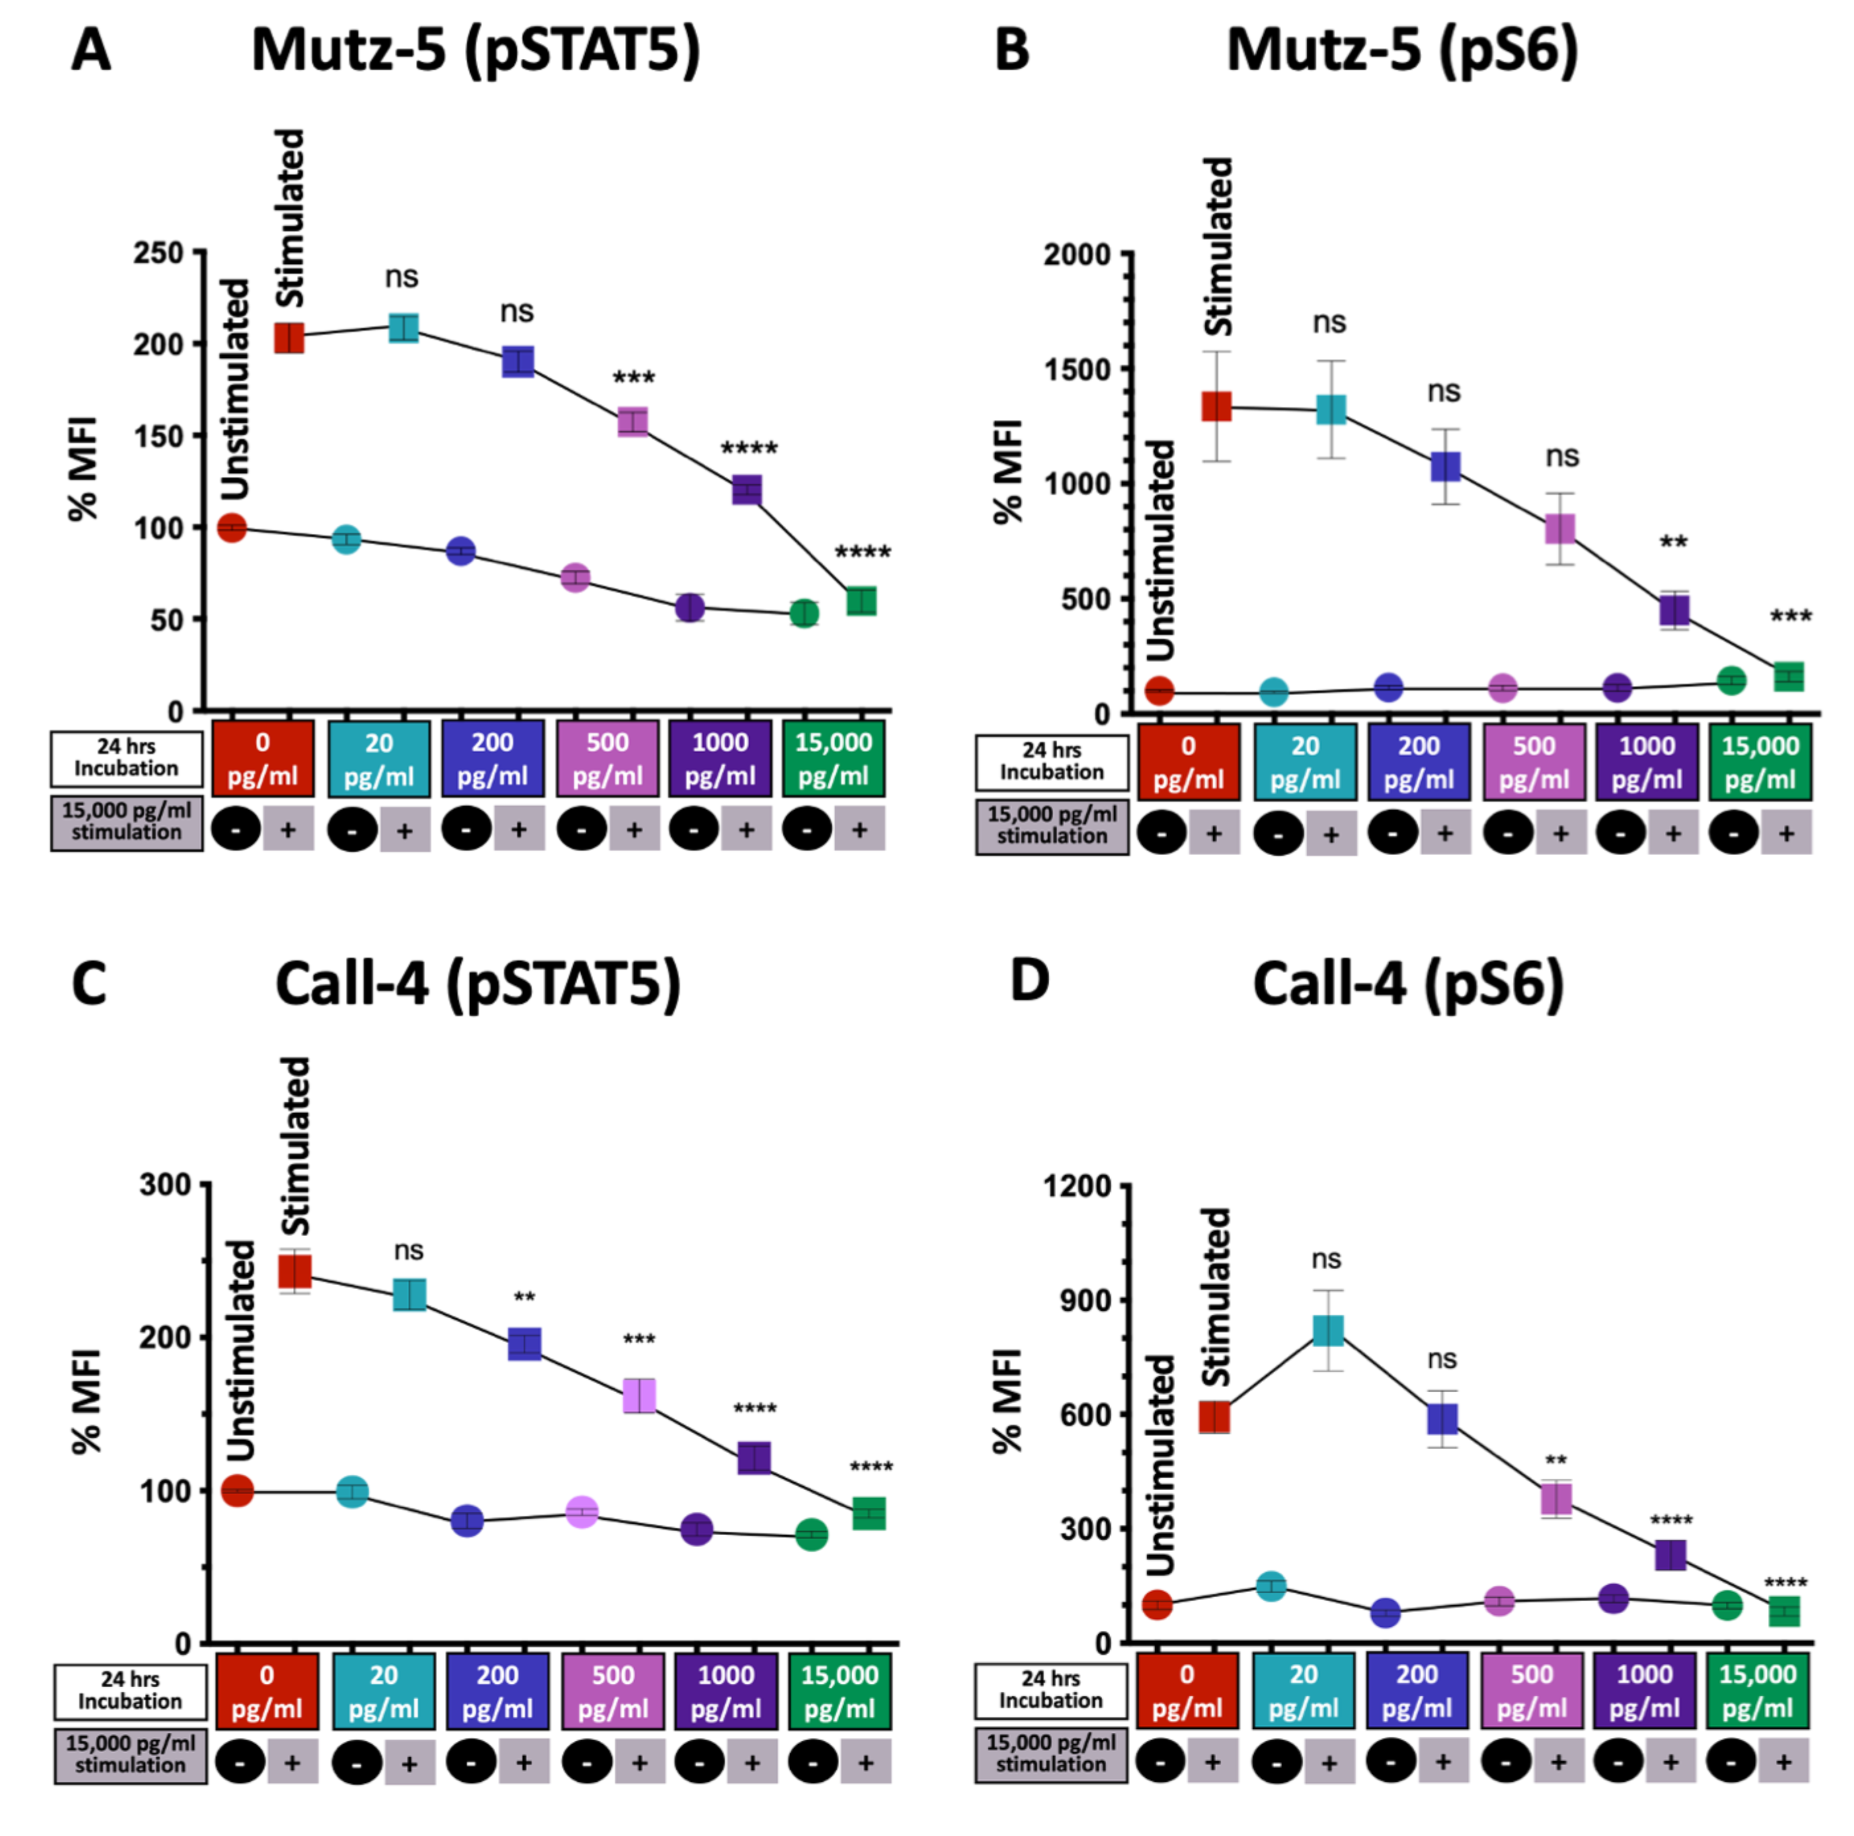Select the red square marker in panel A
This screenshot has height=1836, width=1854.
click(x=289, y=338)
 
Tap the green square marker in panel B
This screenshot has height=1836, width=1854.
click(x=1788, y=676)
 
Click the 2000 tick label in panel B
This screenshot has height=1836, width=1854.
click(x=1076, y=255)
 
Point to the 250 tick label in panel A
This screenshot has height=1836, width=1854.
click(x=158, y=253)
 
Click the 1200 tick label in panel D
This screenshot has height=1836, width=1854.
click(x=1076, y=1187)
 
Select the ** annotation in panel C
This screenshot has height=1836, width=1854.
click(x=524, y=1298)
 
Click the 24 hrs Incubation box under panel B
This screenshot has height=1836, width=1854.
click(x=1052, y=761)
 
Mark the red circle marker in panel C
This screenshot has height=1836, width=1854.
click(x=237, y=1491)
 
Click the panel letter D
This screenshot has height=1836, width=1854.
click(x=1029, y=981)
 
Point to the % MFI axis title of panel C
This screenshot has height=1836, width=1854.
click(x=87, y=1401)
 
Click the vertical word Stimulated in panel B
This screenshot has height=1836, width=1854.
click(x=1218, y=247)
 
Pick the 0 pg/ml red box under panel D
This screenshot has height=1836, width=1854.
click(x=1186, y=1691)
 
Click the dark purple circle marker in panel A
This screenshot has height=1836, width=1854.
click(x=689, y=608)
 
